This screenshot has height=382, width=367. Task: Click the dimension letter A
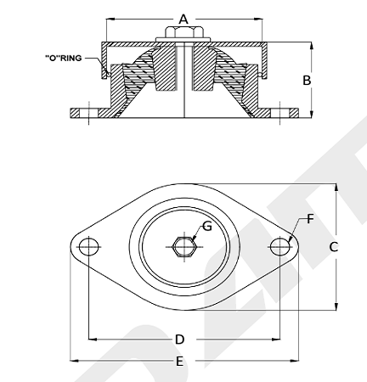[183, 20]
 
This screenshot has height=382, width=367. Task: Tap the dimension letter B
[307, 81]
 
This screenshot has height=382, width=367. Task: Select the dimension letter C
[334, 247]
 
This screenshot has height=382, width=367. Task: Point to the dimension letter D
[180, 340]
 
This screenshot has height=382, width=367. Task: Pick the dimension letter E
[179, 362]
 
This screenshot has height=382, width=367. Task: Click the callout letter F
[311, 219]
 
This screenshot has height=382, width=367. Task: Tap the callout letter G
[207, 227]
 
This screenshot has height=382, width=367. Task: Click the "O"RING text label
[64, 58]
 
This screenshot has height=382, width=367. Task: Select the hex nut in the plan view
[184, 247]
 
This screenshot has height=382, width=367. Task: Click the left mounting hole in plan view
[89, 247]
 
